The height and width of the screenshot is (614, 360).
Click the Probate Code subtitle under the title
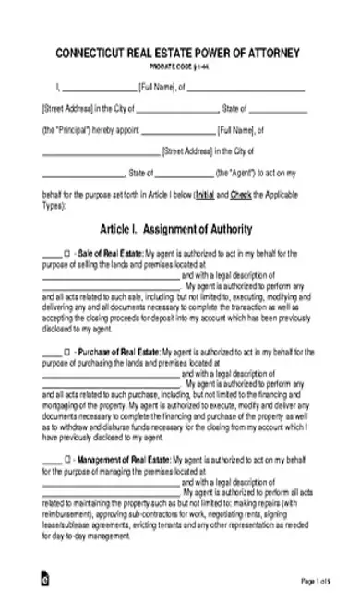point(180,66)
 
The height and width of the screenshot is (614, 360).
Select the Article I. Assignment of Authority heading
point(180,227)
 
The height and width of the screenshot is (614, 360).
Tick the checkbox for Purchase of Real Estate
point(66,351)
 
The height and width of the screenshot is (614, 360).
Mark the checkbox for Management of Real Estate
point(66,458)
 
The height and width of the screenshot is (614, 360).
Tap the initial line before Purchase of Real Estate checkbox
point(51,354)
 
